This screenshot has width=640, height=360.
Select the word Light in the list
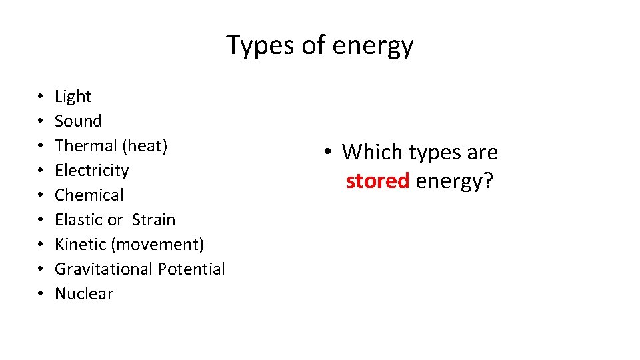(x=73, y=97)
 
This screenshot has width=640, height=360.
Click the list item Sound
(x=78, y=121)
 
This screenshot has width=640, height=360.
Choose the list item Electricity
(x=91, y=171)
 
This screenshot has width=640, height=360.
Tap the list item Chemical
(x=89, y=195)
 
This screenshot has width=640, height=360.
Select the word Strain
(x=153, y=220)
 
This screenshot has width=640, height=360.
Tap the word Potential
(x=191, y=269)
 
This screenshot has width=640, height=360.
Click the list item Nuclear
(x=84, y=294)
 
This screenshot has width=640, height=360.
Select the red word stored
(x=377, y=181)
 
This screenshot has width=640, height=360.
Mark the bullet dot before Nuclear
(x=41, y=294)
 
